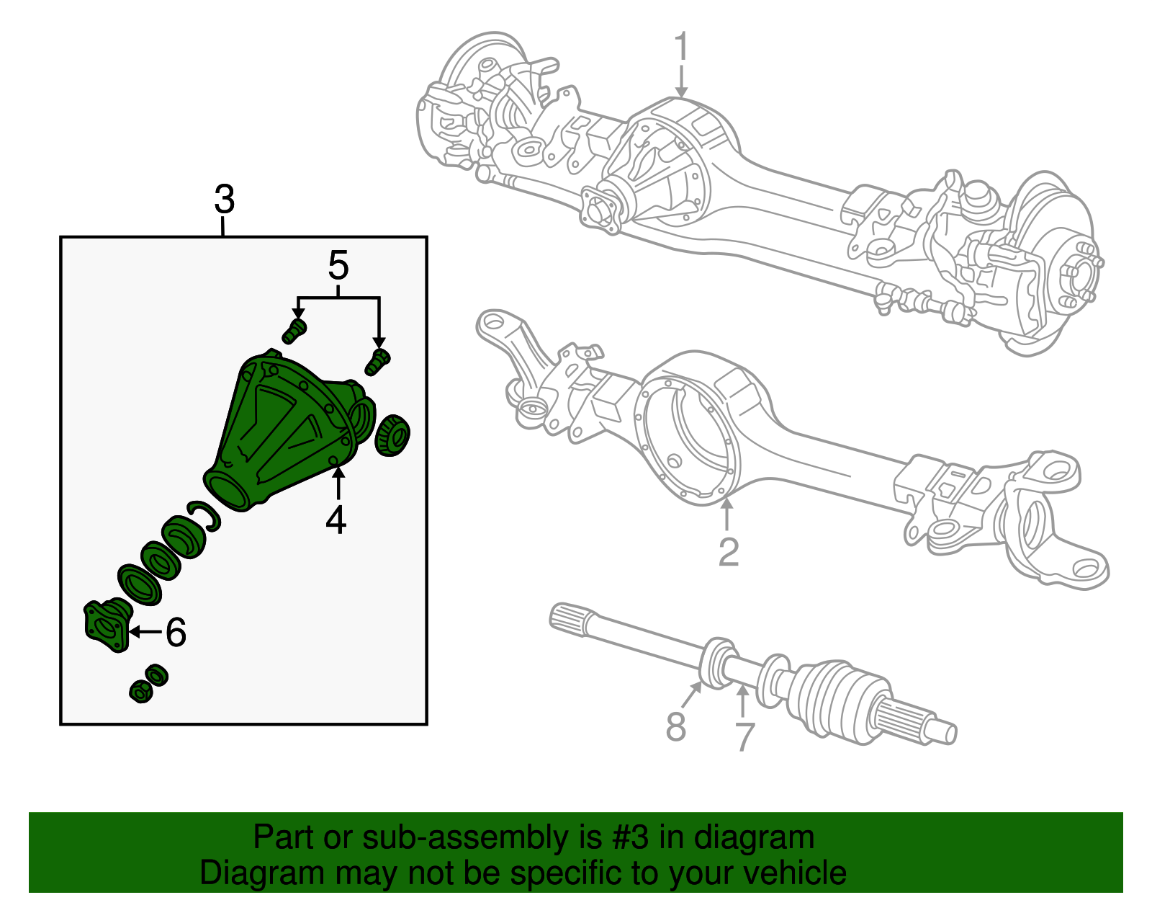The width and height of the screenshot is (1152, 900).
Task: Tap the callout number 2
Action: pyautogui.click(x=729, y=552)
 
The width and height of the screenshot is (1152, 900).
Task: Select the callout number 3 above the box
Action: pyautogui.click(x=224, y=200)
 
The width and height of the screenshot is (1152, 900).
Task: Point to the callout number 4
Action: pyautogui.click(x=336, y=520)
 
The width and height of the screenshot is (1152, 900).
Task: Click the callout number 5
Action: pyautogui.click(x=338, y=266)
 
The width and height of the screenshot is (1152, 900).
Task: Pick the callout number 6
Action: pyautogui.click(x=176, y=633)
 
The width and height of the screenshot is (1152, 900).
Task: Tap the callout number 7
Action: pyautogui.click(x=744, y=736)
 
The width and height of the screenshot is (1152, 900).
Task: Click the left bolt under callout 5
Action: pyautogui.click(x=294, y=331)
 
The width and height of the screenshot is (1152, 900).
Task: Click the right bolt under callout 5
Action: pyautogui.click(x=377, y=361)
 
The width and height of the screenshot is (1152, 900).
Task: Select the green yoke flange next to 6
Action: pyautogui.click(x=107, y=625)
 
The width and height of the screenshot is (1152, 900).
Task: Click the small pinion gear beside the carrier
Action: pyautogui.click(x=392, y=435)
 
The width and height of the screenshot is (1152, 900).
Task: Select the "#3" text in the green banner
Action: pyautogui.click(x=630, y=838)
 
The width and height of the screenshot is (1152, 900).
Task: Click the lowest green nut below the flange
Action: pyautogui.click(x=140, y=692)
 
